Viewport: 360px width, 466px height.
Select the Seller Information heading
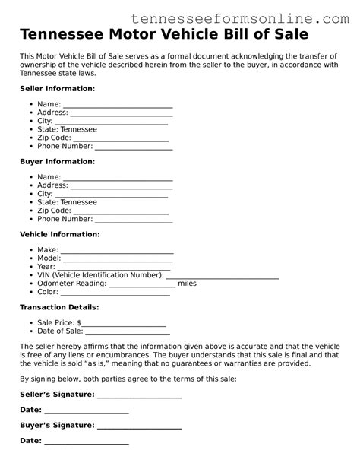(57, 89)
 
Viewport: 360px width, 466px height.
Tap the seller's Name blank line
(118, 106)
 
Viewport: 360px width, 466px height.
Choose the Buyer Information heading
(57, 162)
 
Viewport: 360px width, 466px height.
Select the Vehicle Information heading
(59, 234)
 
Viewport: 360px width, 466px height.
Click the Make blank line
(117, 252)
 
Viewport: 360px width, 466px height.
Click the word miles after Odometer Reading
(187, 284)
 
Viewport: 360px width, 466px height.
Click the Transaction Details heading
(59, 307)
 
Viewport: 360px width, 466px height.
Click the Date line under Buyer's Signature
(87, 442)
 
